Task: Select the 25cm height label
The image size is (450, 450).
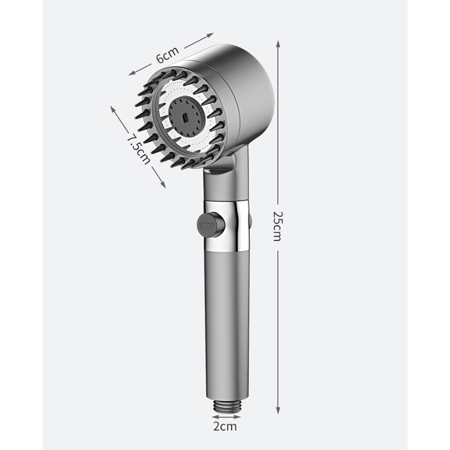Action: (278, 226)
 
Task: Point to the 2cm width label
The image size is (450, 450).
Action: (225, 426)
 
